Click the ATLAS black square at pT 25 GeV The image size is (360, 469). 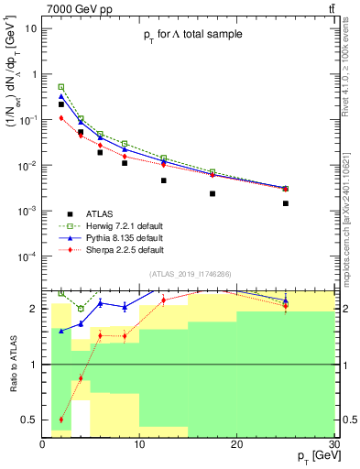tap(286, 203)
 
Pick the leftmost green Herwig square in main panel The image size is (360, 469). tap(61, 87)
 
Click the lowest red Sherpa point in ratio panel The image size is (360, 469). tap(61, 420)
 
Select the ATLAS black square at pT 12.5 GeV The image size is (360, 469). tap(164, 180)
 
